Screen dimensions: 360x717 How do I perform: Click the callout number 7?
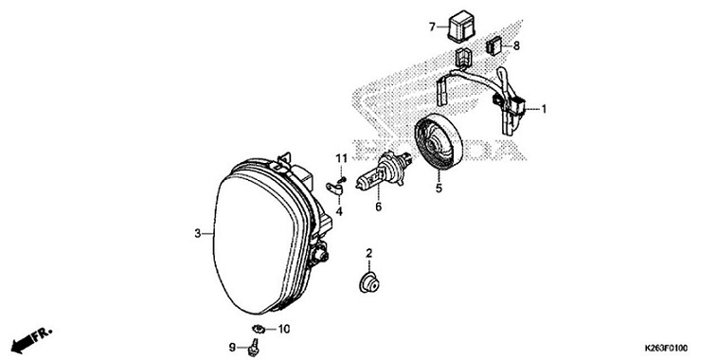point(432,27)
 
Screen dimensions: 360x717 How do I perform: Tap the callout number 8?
point(516,45)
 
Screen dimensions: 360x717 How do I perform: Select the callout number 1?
point(545,109)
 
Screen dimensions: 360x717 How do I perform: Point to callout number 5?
point(439,189)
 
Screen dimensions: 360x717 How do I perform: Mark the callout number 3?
point(197,232)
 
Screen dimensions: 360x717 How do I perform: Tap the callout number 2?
point(369,251)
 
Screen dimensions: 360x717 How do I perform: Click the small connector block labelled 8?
point(494,45)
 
